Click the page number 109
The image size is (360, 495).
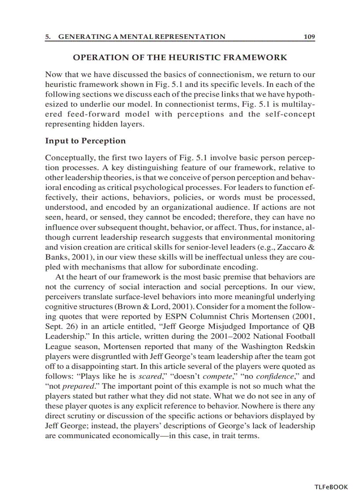pos(309,37)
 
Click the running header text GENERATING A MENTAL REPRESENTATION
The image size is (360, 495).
pos(142,37)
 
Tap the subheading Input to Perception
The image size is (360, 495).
pos(85,141)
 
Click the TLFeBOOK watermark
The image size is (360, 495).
pos(331,487)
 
